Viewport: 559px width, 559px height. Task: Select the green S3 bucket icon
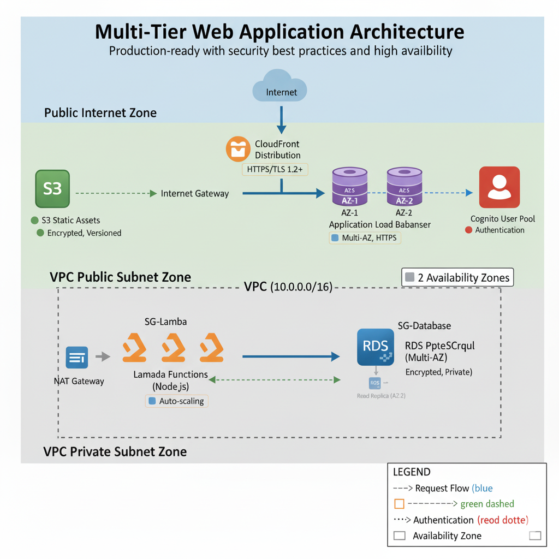pos(53,189)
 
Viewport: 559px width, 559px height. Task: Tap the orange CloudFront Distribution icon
pos(238,150)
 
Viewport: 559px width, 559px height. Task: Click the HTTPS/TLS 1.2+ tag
pos(275,169)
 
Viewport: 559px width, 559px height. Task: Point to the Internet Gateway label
pos(195,193)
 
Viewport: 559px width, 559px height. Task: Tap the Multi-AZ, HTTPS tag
pos(365,238)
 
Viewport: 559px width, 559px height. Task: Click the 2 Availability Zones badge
pos(457,277)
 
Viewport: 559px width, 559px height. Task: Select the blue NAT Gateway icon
pos(76,358)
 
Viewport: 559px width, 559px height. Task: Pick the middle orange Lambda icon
pos(173,346)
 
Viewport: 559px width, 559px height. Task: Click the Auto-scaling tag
pos(176,401)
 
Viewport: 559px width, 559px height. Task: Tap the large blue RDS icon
pos(376,347)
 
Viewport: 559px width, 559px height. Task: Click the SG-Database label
pos(424,326)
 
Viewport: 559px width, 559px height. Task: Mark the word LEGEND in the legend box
pos(412,472)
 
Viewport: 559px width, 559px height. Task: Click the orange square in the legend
pos(399,504)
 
